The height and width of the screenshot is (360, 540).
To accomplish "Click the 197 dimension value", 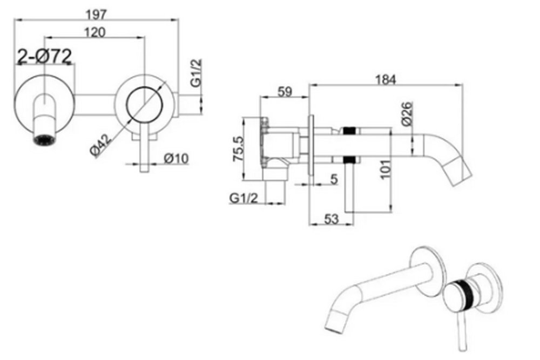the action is click(x=96, y=15).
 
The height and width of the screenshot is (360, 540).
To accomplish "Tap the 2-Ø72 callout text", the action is click(x=45, y=56).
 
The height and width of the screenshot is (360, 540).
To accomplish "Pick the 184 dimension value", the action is click(x=386, y=79).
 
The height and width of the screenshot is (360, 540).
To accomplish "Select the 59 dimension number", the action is click(x=285, y=92).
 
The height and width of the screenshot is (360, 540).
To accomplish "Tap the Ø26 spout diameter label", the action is click(x=407, y=113).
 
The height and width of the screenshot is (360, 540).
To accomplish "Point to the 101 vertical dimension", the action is click(x=386, y=169).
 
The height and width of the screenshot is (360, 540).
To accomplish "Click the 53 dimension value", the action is click(x=332, y=219).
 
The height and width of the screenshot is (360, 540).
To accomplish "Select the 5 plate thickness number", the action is click(x=334, y=179).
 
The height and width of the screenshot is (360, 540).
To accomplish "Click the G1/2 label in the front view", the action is click(x=196, y=73).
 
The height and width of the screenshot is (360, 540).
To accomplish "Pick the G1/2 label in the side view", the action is click(x=244, y=198).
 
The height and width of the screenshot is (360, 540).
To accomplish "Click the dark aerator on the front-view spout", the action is click(x=44, y=140).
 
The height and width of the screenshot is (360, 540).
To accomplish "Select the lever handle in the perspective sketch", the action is click(x=462, y=330).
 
